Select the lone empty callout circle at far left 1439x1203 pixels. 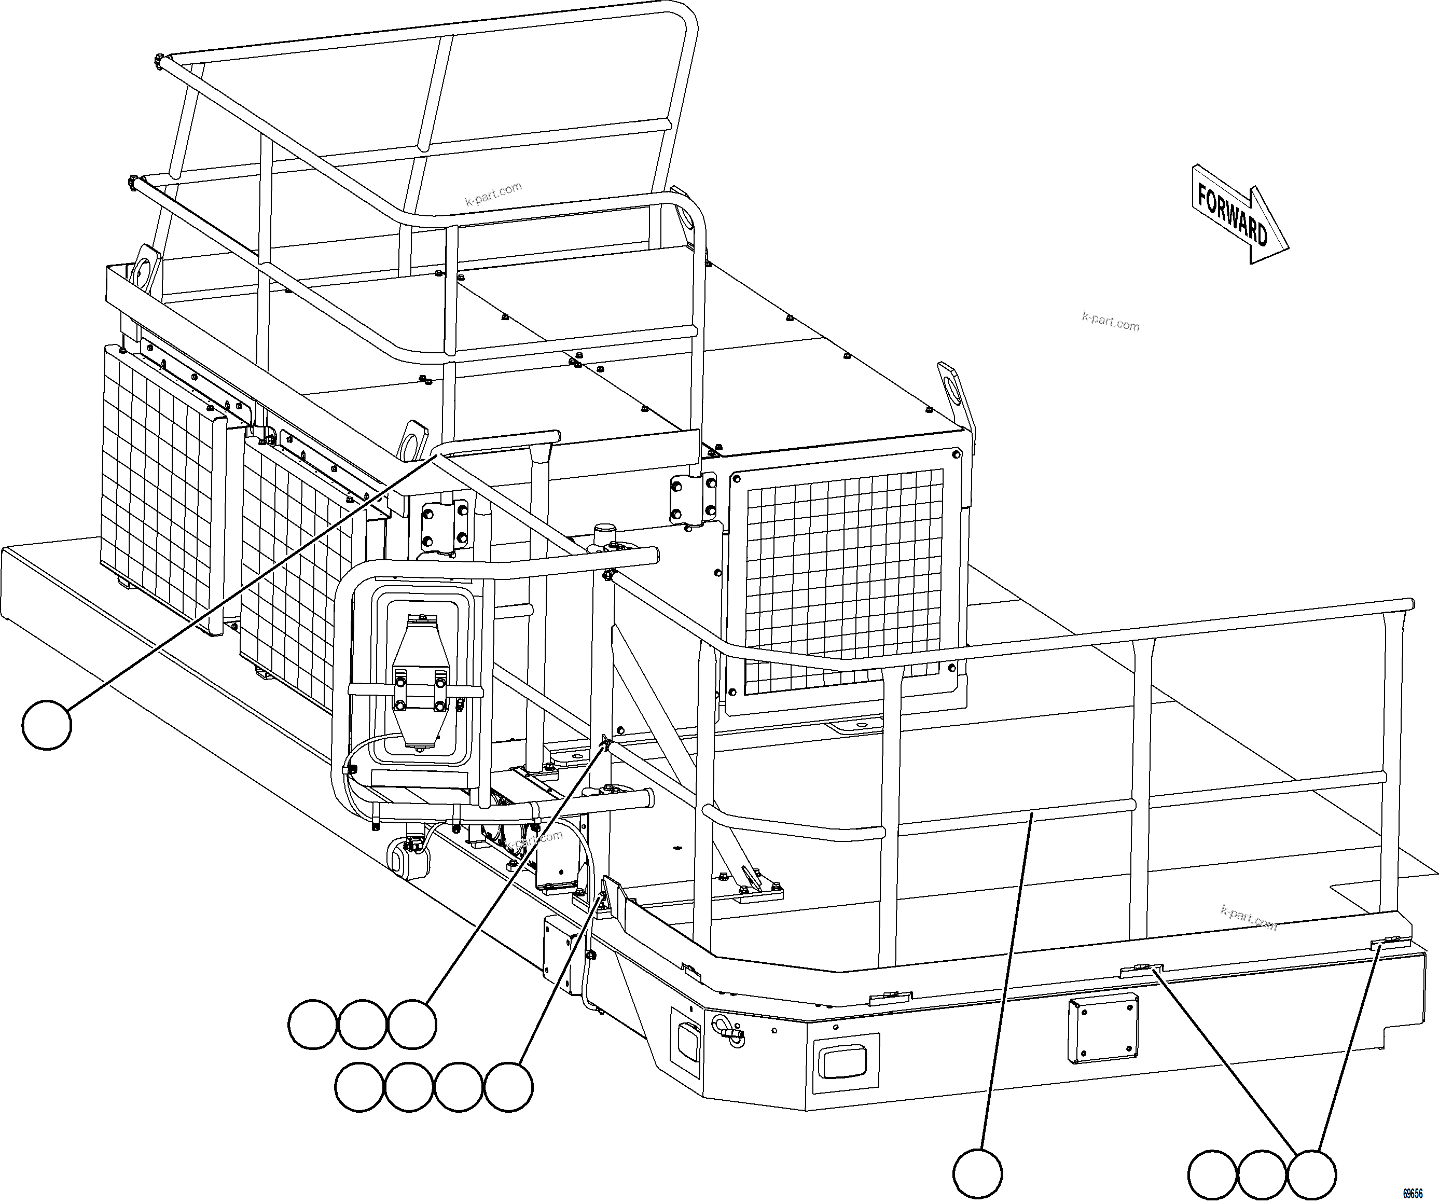(x=47, y=725)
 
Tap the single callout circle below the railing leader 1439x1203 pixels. (x=978, y=1174)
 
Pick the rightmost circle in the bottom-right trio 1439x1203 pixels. (x=1311, y=1175)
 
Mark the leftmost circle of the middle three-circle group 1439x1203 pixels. (x=312, y=1024)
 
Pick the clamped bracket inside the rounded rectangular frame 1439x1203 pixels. (x=419, y=685)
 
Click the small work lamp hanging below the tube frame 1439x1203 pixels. (x=408, y=856)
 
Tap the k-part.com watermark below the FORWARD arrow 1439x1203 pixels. (x=1110, y=322)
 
